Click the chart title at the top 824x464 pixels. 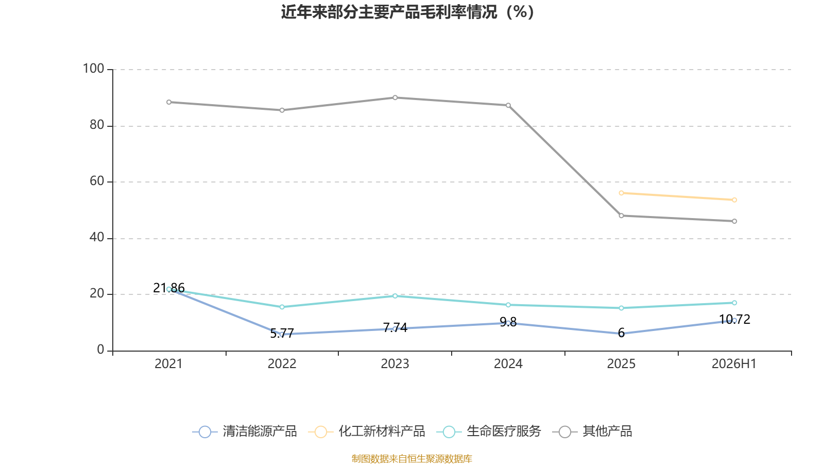(407, 12)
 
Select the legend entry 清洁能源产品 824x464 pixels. (245, 431)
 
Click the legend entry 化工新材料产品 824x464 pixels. (366, 431)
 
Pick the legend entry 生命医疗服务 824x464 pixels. (489, 431)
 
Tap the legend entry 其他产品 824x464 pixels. (592, 431)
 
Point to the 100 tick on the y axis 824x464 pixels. (93, 69)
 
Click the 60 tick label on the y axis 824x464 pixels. (97, 181)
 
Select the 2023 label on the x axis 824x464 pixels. (395, 364)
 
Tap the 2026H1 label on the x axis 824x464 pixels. (734, 364)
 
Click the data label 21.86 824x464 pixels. (169, 288)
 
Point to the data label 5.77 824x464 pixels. (282, 333)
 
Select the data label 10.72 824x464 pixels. (734, 319)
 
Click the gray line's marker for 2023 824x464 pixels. (395, 97)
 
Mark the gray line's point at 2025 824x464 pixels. (621, 216)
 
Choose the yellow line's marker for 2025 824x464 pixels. (621, 193)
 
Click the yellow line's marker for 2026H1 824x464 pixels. (734, 200)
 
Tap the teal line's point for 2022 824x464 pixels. (282, 307)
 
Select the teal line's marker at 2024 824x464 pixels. (508, 305)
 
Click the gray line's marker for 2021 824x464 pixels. (169, 102)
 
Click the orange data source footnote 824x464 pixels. (411, 458)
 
